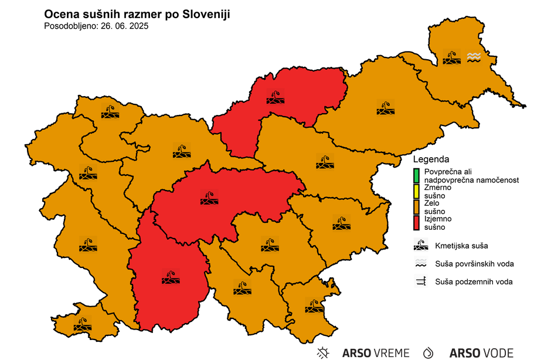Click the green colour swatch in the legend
coord(416,175)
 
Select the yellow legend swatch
coord(416,191)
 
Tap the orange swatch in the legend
coord(416,207)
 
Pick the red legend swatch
coord(416,223)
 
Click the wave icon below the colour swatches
coord(421,262)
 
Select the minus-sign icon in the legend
coord(421,281)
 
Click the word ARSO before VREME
coord(356,353)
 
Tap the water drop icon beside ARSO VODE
coord(430,352)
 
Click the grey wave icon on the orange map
coord(474,57)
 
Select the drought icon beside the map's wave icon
coord(451,57)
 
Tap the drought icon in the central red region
coord(209,198)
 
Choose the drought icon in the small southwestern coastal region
coord(82,324)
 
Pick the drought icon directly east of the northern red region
coord(385,108)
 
